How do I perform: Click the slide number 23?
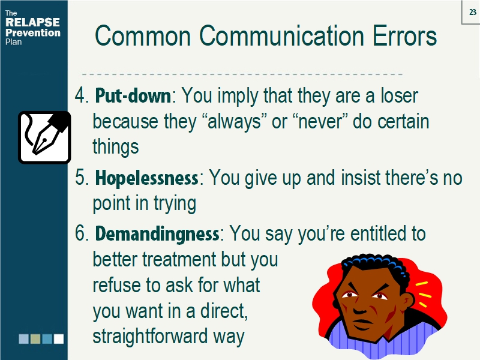[472, 11]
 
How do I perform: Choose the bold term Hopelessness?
[147, 178]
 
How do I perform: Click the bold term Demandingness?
[157, 233]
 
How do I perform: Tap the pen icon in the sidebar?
[44, 137]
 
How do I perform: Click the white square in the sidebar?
[58, 339]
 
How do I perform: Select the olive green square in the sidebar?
[35, 339]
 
